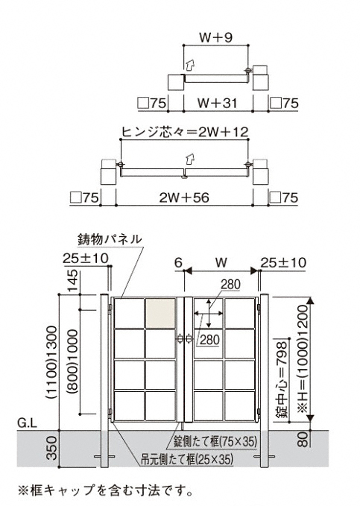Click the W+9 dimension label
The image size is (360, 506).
click(x=215, y=38)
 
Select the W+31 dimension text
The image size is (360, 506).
click(x=218, y=104)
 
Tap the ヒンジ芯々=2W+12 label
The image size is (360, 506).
click(x=185, y=132)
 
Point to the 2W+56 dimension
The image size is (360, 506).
click(x=184, y=197)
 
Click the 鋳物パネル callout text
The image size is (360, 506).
click(x=110, y=239)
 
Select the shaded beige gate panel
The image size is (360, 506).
click(x=160, y=313)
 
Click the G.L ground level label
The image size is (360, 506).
click(x=28, y=423)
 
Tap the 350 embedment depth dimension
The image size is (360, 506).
click(x=52, y=448)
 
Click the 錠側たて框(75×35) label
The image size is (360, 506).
click(x=215, y=441)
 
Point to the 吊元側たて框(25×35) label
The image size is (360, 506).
click(x=187, y=459)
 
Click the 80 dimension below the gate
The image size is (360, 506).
click(x=303, y=439)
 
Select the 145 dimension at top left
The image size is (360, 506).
click(x=74, y=280)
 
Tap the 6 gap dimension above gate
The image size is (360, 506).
click(x=179, y=262)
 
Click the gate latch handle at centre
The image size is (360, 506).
click(x=184, y=339)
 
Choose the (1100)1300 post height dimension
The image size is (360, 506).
click(x=52, y=363)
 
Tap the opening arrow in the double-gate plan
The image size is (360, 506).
click(x=190, y=159)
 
